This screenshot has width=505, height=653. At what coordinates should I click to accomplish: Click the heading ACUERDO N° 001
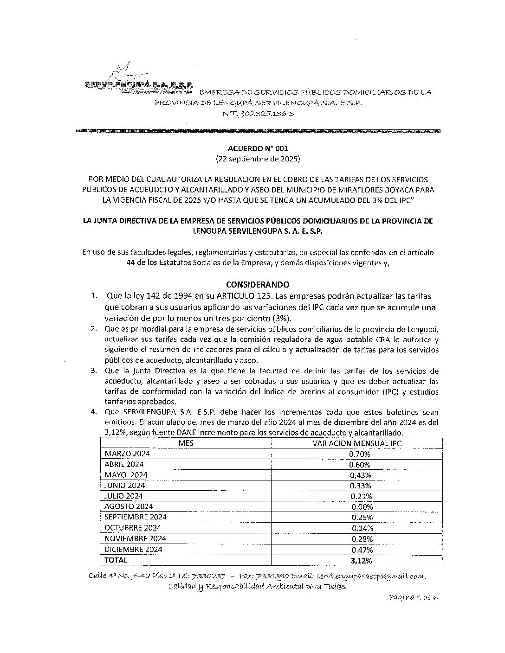point(258,149)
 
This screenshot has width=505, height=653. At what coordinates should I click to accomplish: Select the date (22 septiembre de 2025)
point(258,159)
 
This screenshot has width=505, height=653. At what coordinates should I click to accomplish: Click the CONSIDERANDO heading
point(257,284)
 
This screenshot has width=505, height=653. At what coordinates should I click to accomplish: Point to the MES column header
point(186,443)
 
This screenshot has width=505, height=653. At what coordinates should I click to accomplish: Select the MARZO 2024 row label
point(127,454)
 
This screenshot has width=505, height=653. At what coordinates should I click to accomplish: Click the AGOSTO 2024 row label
point(129,506)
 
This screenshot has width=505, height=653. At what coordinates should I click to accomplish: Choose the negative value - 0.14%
point(361,528)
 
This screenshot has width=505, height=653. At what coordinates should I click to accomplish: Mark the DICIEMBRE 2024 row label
point(133,549)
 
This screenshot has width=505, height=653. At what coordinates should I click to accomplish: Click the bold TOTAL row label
point(116,560)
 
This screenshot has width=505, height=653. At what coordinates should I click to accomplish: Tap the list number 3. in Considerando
point(94,371)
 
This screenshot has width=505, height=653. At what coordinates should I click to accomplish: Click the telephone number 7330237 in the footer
point(209,576)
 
